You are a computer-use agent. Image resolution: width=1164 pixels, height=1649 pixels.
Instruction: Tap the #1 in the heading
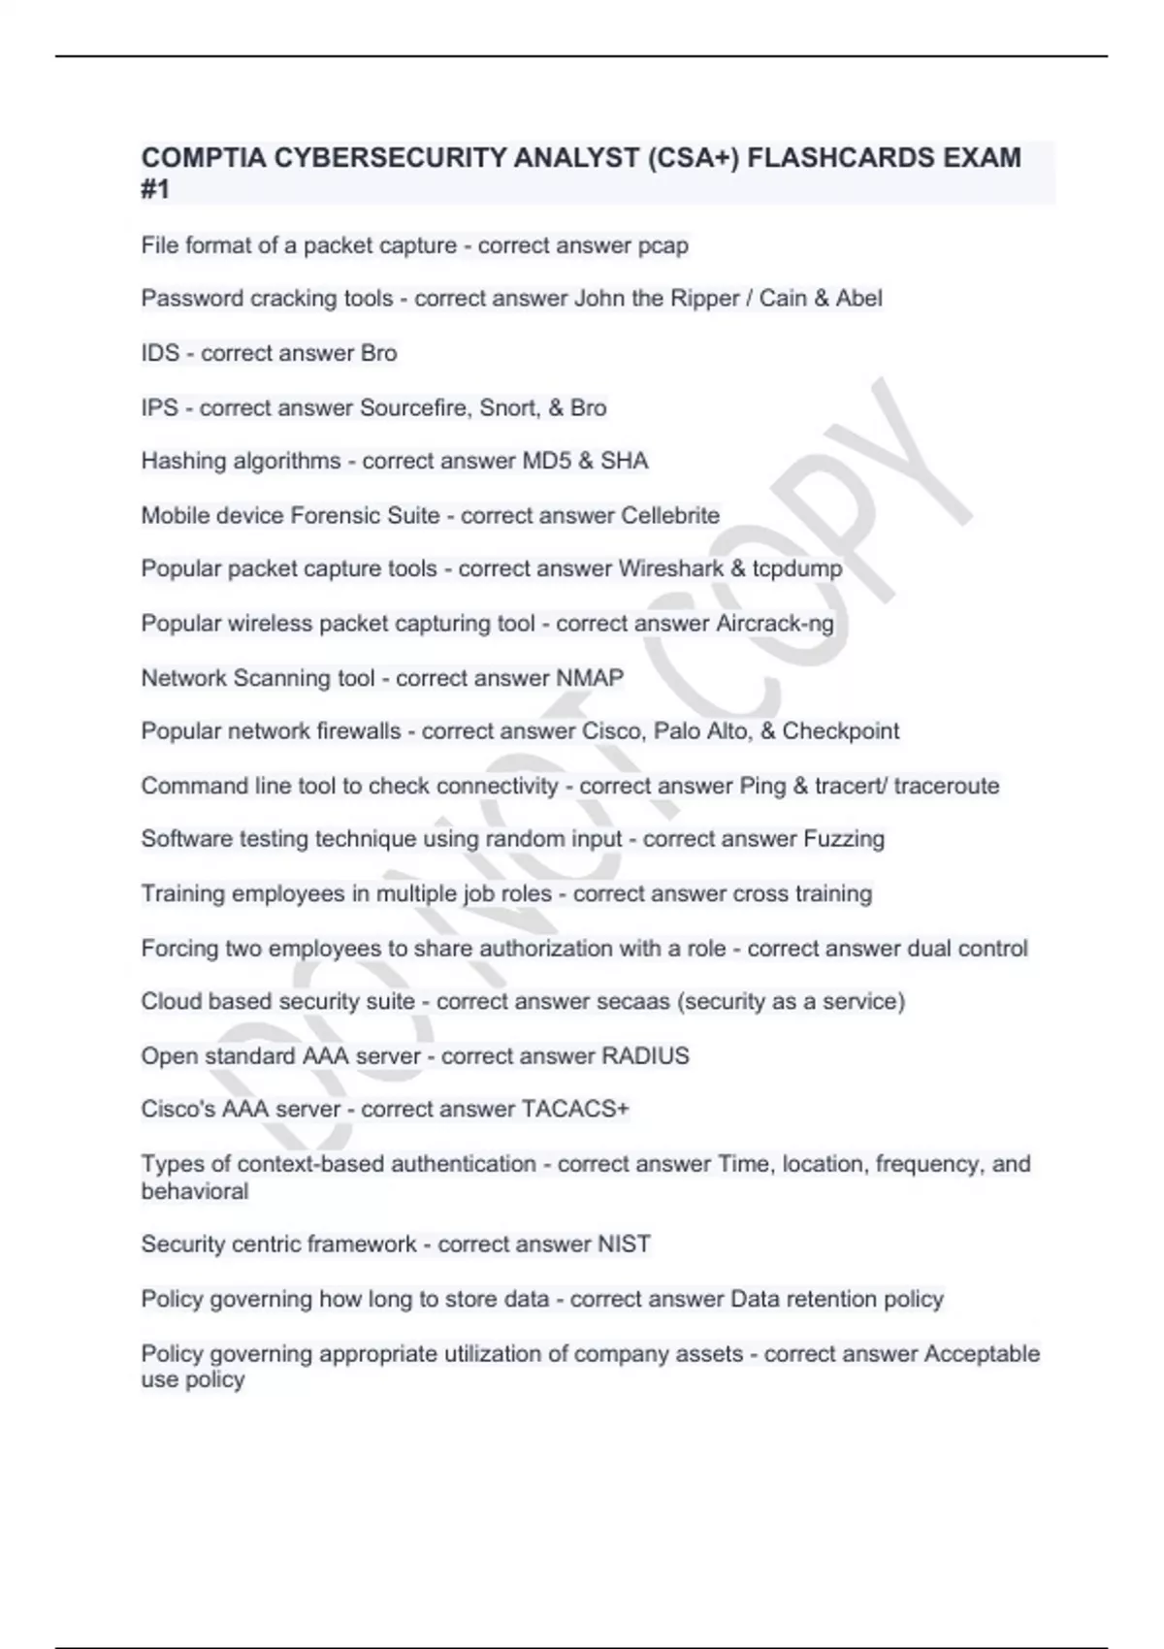coord(155,189)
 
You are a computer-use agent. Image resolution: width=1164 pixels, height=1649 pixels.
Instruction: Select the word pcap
coord(663,246)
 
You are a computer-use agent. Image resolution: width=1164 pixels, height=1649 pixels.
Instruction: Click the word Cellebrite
coord(670,515)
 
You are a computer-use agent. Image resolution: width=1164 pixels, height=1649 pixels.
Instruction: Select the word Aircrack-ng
coord(775,624)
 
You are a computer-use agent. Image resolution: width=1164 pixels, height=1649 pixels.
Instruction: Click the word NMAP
coord(590,678)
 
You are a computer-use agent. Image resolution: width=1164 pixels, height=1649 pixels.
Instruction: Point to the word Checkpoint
coord(841,731)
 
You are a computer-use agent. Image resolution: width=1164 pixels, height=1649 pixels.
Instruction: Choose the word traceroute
coord(947,786)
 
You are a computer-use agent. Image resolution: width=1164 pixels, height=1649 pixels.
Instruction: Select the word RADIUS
coord(645,1056)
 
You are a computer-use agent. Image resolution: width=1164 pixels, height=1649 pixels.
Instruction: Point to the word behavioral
coord(194,1191)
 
